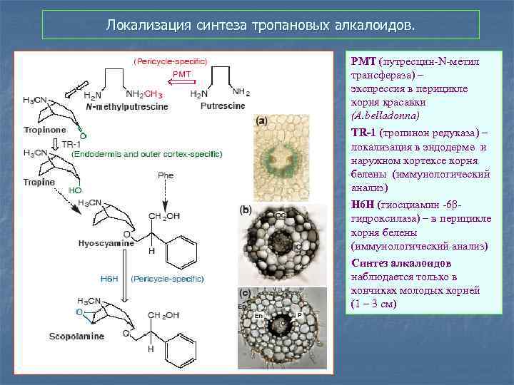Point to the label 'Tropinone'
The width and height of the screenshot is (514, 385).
pyautogui.click(x=45, y=130)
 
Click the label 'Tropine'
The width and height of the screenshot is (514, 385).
pyautogui.click(x=39, y=182)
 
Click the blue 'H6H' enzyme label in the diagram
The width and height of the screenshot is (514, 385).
pyautogui.click(x=109, y=278)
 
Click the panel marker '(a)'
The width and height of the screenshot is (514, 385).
pyautogui.click(x=262, y=120)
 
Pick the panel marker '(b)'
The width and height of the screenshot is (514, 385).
pyautogui.click(x=246, y=210)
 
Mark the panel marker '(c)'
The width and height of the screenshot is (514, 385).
pyautogui.click(x=245, y=292)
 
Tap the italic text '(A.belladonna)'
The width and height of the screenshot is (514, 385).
pyautogui.click(x=385, y=114)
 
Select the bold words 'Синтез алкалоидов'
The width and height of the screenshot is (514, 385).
pyautogui.click(x=391, y=263)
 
